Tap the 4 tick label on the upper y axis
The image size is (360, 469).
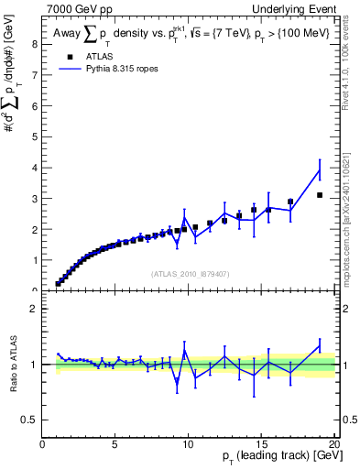(x=35, y=168)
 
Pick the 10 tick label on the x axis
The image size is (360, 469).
(x=188, y=445)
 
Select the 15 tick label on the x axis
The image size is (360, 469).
(x=261, y=445)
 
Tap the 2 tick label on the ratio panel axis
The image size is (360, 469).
(x=35, y=309)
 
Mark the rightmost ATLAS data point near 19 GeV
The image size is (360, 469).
(x=320, y=195)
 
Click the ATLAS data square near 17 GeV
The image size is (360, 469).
(x=290, y=202)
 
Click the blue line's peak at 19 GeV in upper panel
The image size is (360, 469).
(x=320, y=169)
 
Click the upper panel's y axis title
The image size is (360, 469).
(x=13, y=110)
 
